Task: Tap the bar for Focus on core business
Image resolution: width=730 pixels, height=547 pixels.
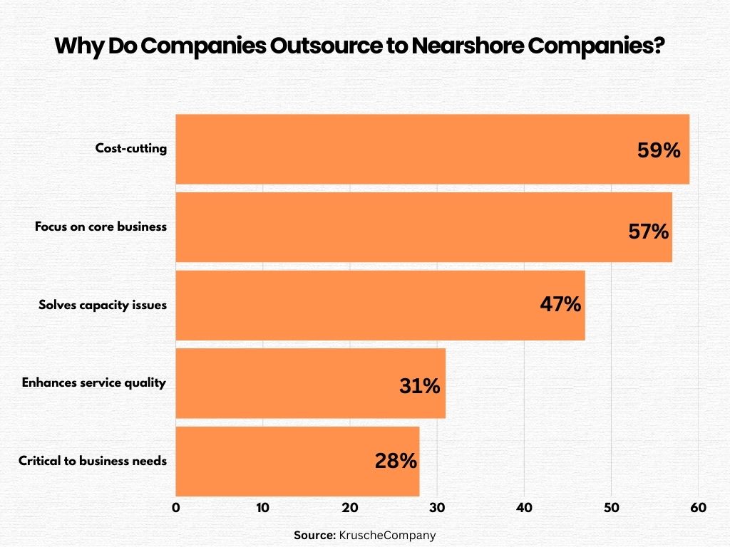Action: point(399,227)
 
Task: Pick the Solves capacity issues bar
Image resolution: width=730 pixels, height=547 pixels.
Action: point(356,305)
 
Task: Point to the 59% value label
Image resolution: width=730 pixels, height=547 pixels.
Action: point(659,151)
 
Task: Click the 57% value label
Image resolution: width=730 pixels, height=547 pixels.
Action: point(648,231)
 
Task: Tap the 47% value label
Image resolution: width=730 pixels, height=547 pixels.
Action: point(560,305)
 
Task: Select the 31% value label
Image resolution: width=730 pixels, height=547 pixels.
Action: point(420,386)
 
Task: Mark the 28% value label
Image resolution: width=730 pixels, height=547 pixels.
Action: point(396,462)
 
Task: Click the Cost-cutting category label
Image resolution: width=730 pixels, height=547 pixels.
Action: point(131,149)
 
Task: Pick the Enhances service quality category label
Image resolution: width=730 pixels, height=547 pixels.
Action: point(94,382)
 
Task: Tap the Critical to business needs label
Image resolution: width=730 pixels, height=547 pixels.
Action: point(93,461)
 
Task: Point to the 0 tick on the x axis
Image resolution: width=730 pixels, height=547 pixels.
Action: point(176,508)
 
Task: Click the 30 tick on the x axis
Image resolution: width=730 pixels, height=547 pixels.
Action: point(437,508)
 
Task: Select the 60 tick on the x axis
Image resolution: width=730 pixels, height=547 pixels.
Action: point(698,508)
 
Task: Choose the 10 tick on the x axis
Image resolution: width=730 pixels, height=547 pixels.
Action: point(262,508)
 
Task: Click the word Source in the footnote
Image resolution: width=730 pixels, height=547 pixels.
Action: point(314,535)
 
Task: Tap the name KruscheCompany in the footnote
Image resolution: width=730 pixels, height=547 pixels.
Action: point(387,535)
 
